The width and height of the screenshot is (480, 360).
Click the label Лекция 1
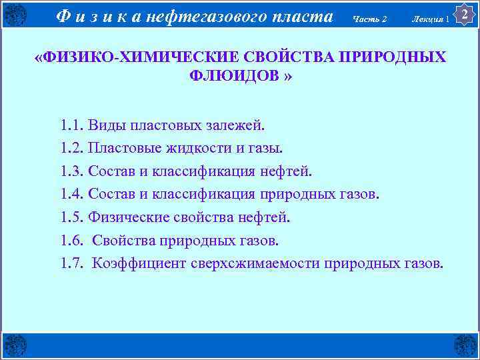(x=430, y=18)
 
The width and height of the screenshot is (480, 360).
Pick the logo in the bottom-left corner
(x=15, y=345)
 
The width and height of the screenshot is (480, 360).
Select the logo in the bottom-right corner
(x=465, y=345)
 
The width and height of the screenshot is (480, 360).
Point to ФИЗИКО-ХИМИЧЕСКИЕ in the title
(x=124, y=57)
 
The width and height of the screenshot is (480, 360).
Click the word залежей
(x=236, y=125)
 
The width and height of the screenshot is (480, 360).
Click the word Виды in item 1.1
(x=104, y=125)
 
